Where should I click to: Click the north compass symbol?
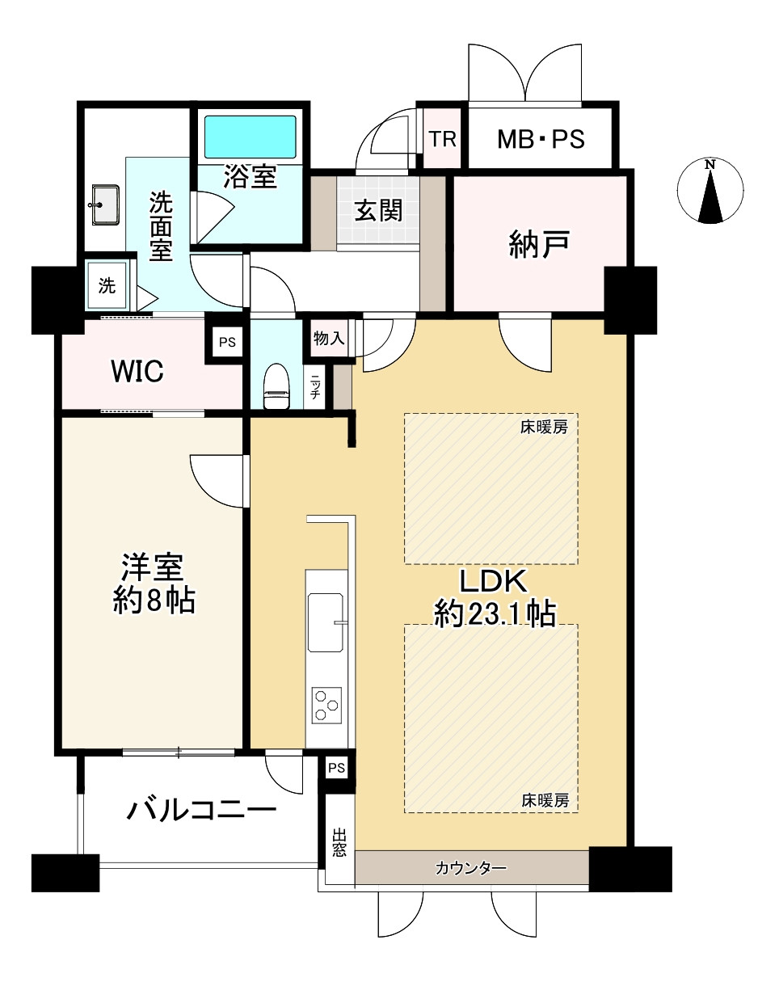coord(710,191)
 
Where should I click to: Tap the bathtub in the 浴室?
coord(250,137)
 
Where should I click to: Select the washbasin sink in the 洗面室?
coord(105,205)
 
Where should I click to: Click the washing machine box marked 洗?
coord(107,285)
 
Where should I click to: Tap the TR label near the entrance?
coord(442,139)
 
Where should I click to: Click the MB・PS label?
coord(541,139)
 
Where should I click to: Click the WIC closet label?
coord(137,371)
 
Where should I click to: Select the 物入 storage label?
coord(329,339)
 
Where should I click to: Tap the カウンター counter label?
coord(470,869)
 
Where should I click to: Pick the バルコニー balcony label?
coord(201,810)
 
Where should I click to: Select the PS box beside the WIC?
coord(227,342)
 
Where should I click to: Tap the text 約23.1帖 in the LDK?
coord(494,614)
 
